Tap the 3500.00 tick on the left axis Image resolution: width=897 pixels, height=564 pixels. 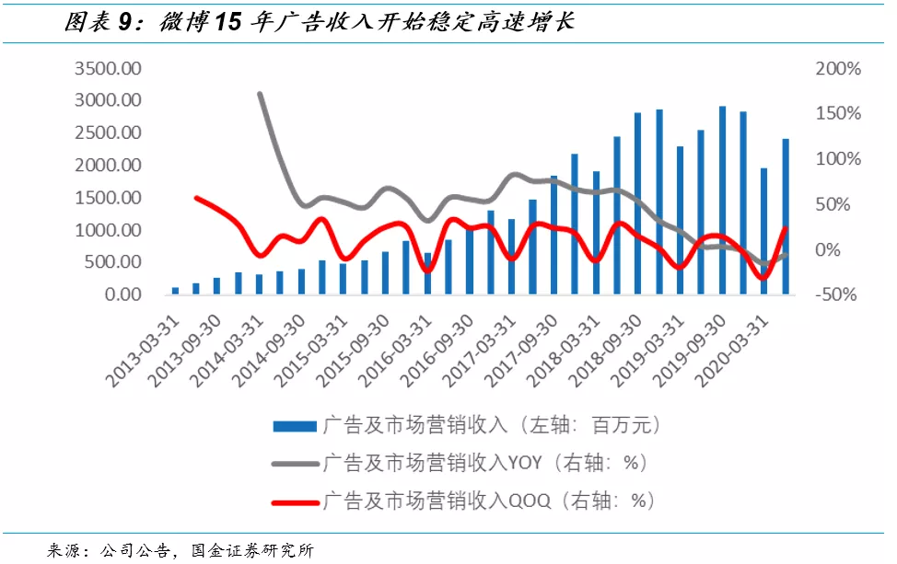tap(109, 69)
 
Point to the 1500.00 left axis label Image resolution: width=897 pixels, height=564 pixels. tap(109, 198)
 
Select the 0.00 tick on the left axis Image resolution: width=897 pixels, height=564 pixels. tap(122, 294)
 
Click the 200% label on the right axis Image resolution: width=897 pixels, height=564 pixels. tap(838, 69)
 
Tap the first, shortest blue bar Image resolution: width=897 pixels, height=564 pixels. tap(175, 291)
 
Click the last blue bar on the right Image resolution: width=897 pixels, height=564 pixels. tap(786, 217)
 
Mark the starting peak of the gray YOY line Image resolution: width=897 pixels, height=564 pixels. tap(260, 94)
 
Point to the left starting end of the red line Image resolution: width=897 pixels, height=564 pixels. tap(195, 197)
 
